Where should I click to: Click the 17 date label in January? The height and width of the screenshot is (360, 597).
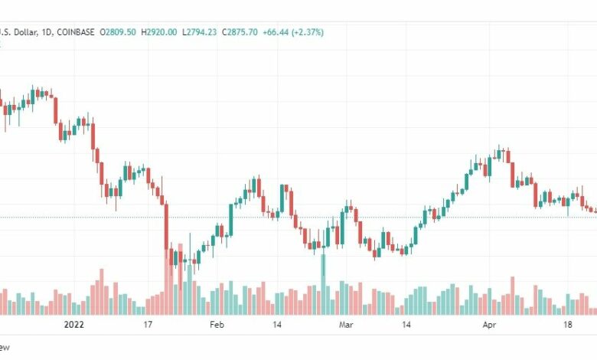pos(148,325)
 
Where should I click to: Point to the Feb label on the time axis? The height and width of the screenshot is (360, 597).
pos(217,325)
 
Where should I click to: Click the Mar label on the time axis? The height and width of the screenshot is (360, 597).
pos(346,325)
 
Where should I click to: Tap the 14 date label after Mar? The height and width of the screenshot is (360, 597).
pos(406,325)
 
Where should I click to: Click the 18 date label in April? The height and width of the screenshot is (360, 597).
pos(567,325)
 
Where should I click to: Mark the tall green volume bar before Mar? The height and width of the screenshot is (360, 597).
pos(323,283)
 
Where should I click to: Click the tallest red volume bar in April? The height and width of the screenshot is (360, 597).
pos(513,296)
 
